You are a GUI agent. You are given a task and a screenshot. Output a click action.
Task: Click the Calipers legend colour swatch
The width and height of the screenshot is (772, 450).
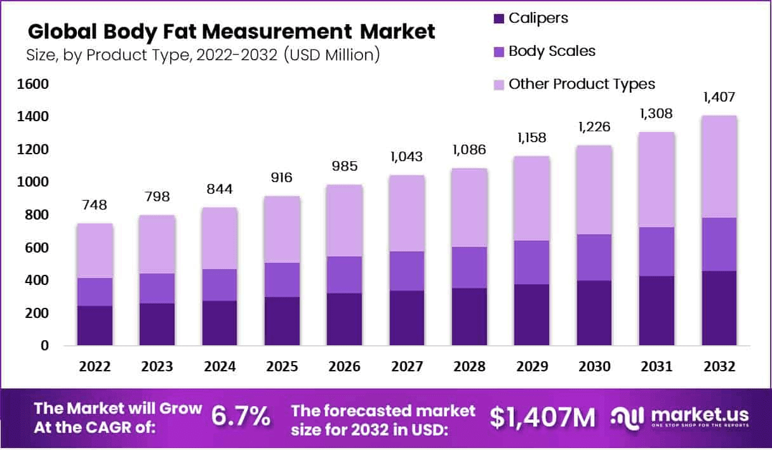pyautogui.click(x=498, y=18)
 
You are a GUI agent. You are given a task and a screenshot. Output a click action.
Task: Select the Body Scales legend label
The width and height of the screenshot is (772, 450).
pyautogui.click(x=552, y=51)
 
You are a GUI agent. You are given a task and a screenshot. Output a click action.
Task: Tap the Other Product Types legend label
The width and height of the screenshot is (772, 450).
pyautogui.click(x=582, y=84)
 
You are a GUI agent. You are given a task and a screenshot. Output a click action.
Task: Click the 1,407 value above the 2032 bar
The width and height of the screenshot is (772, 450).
pyautogui.click(x=719, y=98)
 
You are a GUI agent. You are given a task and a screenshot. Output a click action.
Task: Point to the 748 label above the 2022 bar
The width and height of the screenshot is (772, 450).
pyautogui.click(x=95, y=205)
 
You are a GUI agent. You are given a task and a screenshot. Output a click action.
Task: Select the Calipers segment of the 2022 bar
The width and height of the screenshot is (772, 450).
pyautogui.click(x=95, y=326)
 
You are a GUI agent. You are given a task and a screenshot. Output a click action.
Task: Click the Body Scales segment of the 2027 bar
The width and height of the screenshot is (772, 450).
pyautogui.click(x=407, y=271)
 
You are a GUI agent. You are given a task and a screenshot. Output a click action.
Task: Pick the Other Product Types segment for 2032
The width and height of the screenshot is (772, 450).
pyautogui.click(x=719, y=167)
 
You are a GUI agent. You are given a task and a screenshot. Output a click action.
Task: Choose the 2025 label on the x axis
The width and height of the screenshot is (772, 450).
pyautogui.click(x=282, y=367)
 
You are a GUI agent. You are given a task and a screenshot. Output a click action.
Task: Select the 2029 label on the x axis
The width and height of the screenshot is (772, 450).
pyautogui.click(x=531, y=367)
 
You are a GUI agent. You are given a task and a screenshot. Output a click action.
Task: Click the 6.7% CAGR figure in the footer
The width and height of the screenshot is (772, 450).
pyautogui.click(x=241, y=417)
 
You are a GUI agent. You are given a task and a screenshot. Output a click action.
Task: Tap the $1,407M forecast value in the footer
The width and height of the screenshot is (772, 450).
pyautogui.click(x=543, y=417)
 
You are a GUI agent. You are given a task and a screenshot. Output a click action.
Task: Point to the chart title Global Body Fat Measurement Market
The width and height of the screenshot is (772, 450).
pyautogui.click(x=232, y=32)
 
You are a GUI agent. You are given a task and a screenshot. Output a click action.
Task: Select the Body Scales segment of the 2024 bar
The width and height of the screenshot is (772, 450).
pyautogui.click(x=220, y=285)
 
